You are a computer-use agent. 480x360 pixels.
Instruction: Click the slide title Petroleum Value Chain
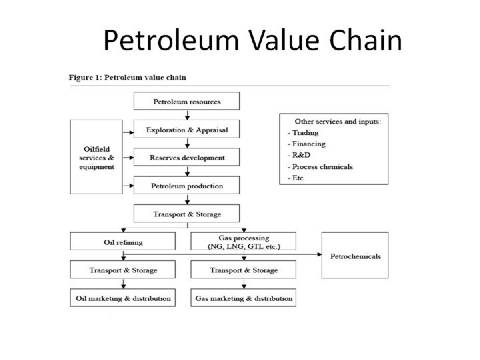pos(253,41)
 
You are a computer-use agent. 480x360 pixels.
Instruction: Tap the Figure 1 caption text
pos(128,77)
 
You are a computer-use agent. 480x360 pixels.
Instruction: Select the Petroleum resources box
pos(187,102)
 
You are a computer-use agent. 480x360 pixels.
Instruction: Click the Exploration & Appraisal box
pos(187,130)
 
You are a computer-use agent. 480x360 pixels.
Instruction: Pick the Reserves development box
pos(187,158)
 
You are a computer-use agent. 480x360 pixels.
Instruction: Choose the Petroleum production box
pos(187,186)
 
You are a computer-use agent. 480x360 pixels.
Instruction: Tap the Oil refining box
pos(123,241)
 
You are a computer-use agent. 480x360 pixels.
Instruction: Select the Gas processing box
pos(243,241)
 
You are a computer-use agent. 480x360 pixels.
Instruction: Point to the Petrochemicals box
pos(355,256)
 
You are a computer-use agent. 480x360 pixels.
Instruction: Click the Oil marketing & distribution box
pos(123,298)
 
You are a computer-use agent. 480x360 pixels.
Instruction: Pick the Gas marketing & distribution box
pos(243,298)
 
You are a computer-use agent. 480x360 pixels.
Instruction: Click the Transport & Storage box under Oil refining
pos(123,270)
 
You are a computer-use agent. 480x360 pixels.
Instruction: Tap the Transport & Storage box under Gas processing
pos(243,270)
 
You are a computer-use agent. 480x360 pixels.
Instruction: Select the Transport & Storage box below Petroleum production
pos(187,214)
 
